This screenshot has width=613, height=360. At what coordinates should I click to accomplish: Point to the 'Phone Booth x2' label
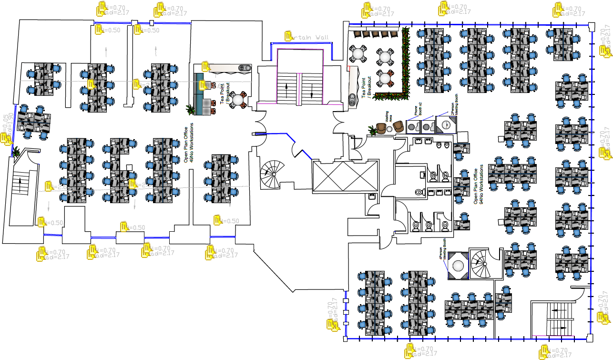pyautogui.click(x=418, y=110)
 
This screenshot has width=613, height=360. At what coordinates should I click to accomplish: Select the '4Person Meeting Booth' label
pyautogui.click(x=442, y=253)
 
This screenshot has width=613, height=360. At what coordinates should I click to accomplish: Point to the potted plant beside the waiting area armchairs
pyautogui.click(x=372, y=130)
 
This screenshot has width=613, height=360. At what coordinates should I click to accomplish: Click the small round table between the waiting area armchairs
pyautogui.click(x=389, y=129)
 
